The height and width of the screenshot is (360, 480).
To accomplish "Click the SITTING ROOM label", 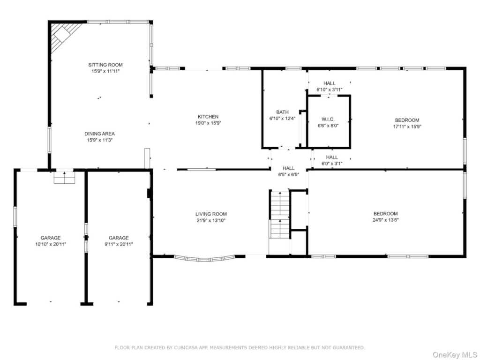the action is (105, 65).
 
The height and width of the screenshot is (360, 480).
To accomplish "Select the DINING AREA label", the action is (99, 134).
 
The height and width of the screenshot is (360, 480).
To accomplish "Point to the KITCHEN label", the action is (208, 117).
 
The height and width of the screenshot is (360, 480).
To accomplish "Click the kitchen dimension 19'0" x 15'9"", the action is (208, 123).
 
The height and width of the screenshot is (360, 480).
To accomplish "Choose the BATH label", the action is (282, 112).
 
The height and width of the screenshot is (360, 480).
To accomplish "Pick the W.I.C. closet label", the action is (328, 119).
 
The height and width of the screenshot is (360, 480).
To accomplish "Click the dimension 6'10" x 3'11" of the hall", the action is (330, 90).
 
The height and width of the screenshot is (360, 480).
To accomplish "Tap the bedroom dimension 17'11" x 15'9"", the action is (407, 127).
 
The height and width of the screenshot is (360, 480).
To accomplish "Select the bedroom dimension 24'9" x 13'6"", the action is (385, 220).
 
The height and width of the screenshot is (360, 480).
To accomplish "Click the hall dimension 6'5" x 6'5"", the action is (288, 174).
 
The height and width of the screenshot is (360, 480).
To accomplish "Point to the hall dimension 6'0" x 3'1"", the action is (332, 164).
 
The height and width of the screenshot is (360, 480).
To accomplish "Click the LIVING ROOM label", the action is (211, 214).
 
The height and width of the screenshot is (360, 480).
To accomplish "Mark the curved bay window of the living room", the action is (204, 259).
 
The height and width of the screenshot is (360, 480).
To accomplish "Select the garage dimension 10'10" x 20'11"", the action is (51, 244).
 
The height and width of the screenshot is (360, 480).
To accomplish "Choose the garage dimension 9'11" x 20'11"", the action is (119, 244).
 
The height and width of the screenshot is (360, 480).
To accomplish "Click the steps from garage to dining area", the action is (64, 178).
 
